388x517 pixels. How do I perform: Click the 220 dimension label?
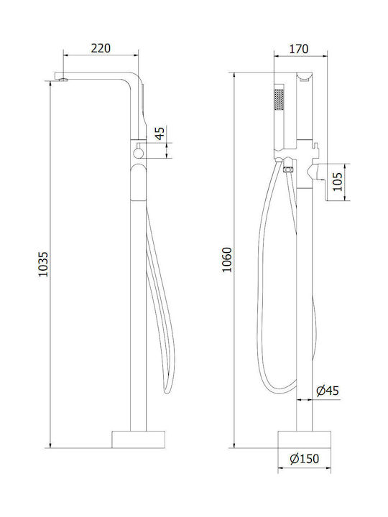tap(101, 48)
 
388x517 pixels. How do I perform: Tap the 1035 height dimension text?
tap(43, 264)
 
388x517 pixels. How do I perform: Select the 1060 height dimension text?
tap(226, 259)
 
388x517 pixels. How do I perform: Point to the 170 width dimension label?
tap(299, 49)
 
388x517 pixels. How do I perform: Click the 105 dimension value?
tap(338, 182)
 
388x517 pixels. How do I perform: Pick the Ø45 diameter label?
tap(328, 391)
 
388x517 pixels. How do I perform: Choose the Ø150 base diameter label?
tap(305, 459)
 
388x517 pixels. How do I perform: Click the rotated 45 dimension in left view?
tap(160, 134)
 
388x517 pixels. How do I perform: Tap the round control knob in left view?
tap(139, 153)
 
